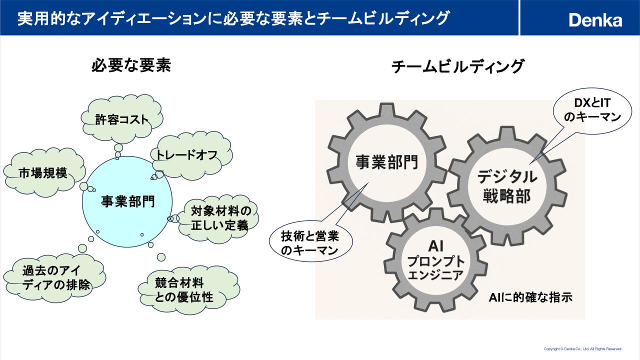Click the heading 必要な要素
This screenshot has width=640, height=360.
(x=131, y=65)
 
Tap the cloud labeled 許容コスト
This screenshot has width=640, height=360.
(x=122, y=119)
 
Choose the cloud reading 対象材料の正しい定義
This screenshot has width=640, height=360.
(x=220, y=217)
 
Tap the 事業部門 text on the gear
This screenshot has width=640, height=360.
(x=386, y=162)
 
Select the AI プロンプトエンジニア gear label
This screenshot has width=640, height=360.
(x=436, y=260)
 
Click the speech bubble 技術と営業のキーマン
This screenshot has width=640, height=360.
(x=310, y=243)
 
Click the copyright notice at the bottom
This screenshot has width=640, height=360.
(x=582, y=348)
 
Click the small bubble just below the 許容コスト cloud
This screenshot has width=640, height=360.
(x=118, y=148)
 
